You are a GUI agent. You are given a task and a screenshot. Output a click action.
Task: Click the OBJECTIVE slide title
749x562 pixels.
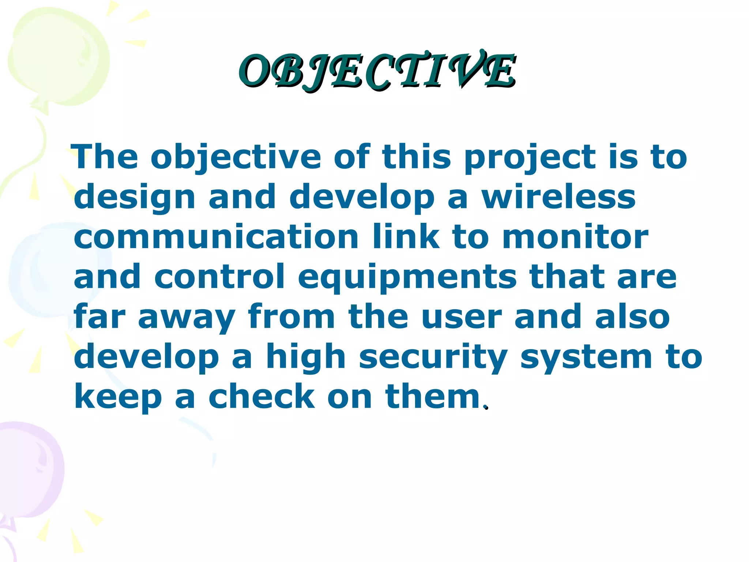(377, 71)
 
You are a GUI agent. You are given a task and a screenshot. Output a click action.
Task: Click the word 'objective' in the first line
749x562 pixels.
(236, 157)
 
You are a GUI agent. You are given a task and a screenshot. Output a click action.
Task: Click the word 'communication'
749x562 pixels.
(216, 237)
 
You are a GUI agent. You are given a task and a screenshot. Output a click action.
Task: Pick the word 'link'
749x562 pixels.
(406, 237)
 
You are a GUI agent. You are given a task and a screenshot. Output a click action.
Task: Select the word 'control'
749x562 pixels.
(219, 277)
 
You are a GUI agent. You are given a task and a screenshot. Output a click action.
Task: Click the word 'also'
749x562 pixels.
(632, 317)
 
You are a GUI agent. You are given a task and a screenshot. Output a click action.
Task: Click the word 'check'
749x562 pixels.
(261, 397)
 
